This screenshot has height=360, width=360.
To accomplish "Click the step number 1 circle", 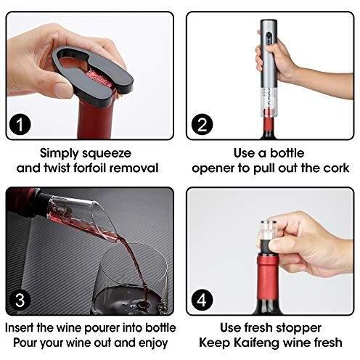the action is click(20, 125).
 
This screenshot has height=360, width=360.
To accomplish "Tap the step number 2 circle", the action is click(202, 125).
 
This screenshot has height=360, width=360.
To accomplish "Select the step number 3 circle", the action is click(20, 300).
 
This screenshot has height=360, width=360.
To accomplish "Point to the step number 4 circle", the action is click(202, 300).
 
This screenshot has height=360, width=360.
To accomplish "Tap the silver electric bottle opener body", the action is click(269, 60).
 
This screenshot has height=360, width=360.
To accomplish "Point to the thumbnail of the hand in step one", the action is click(63, 89).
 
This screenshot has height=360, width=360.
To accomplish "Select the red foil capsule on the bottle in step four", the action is click(268, 276).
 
